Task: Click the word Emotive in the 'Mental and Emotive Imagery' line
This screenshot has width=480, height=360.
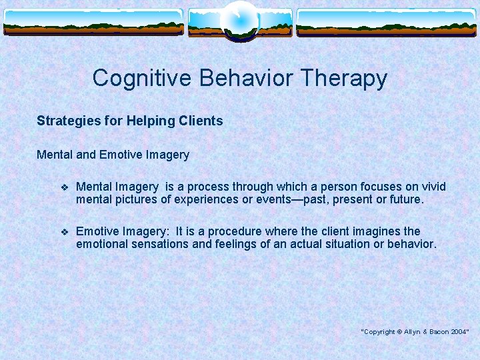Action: [x=121, y=155]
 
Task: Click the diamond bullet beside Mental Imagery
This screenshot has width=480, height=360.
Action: [x=65, y=187]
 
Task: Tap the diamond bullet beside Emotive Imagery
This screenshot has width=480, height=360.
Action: [x=65, y=232]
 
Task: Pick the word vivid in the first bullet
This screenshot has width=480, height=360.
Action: [x=432, y=187]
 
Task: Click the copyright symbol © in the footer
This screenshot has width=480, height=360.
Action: [x=398, y=331]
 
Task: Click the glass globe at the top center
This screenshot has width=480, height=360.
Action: [x=239, y=19]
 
